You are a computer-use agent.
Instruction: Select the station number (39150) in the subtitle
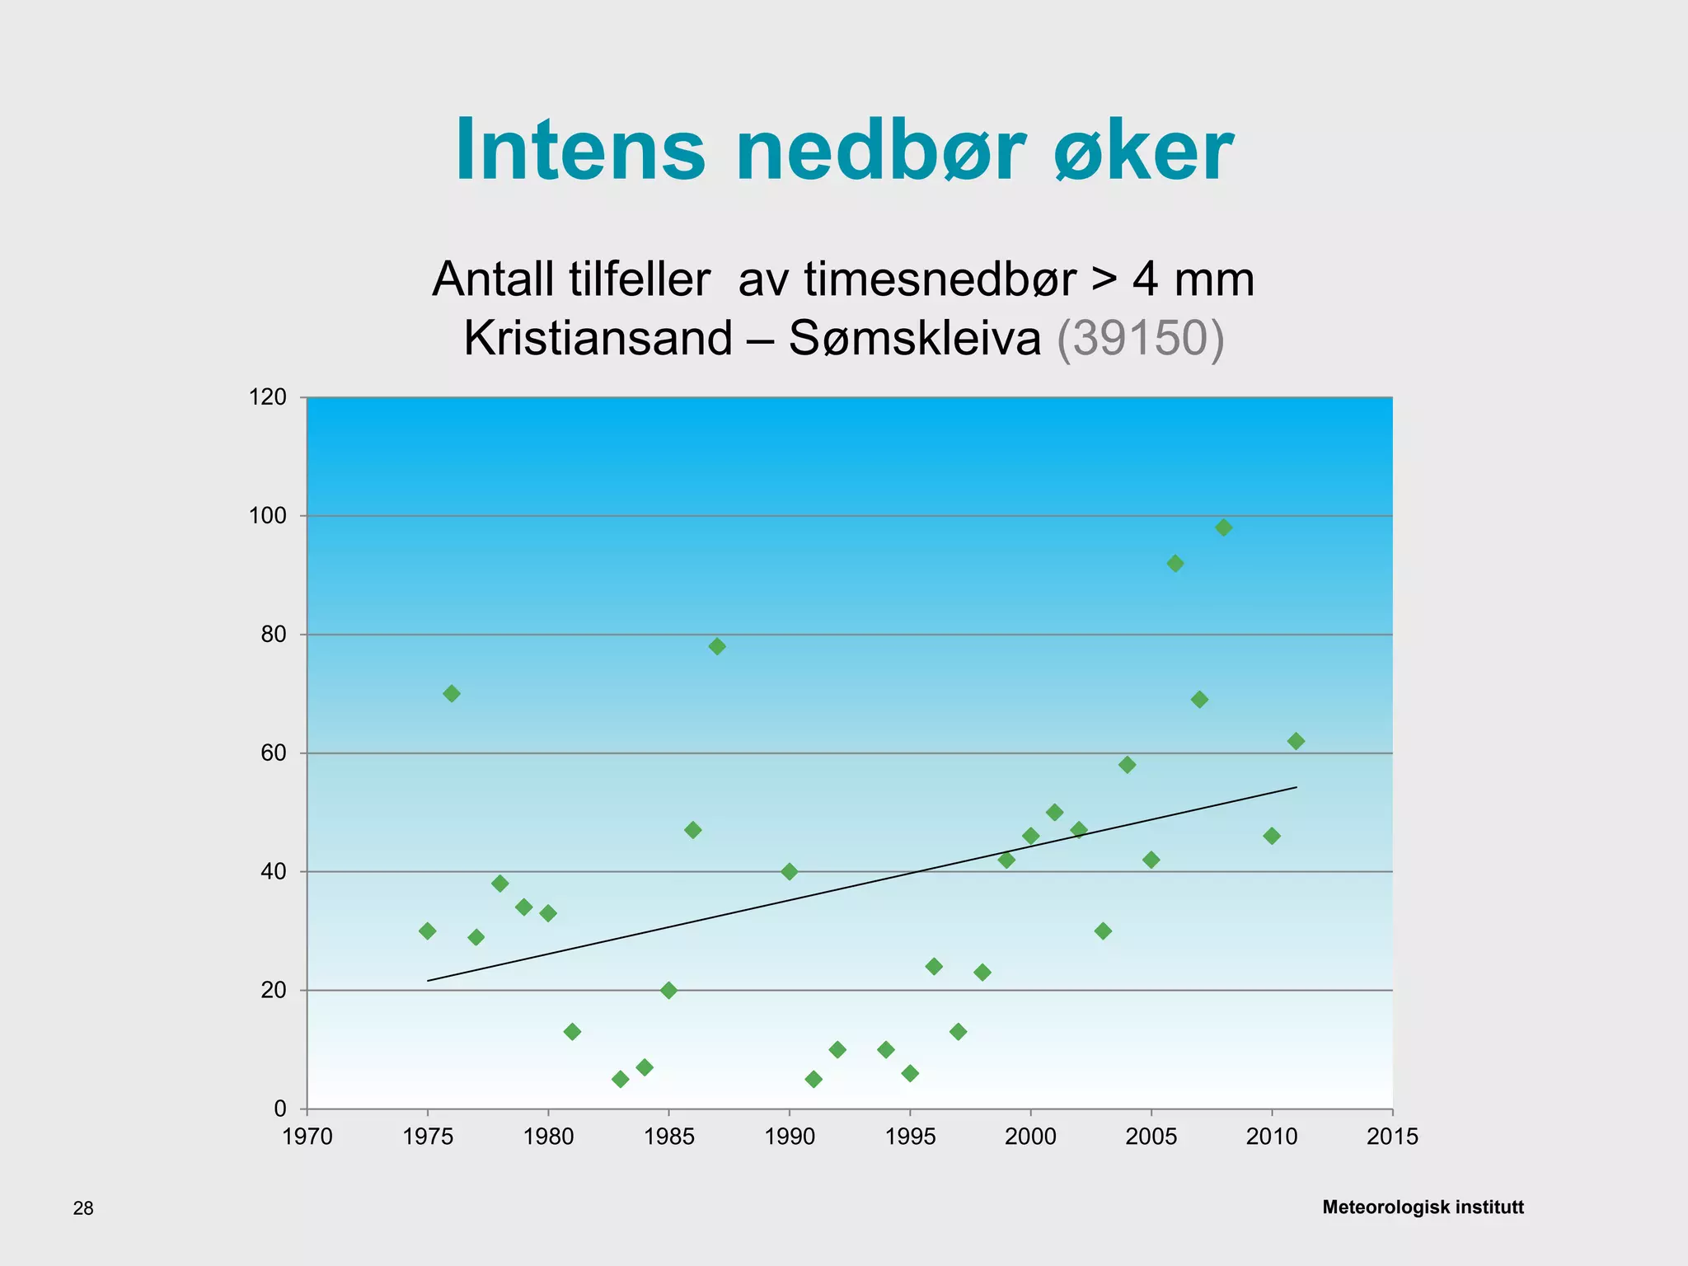(1141, 338)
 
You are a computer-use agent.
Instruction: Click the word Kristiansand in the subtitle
(598, 338)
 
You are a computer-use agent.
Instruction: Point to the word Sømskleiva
(915, 338)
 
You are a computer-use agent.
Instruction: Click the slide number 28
(83, 1208)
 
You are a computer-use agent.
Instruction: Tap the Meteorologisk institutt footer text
(1423, 1207)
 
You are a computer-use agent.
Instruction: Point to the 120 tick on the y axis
(268, 397)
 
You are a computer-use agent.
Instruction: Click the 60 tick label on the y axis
(274, 753)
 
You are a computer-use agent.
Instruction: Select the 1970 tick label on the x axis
(307, 1137)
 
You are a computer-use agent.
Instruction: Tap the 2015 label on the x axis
(1392, 1137)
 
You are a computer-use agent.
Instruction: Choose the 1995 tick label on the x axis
(910, 1137)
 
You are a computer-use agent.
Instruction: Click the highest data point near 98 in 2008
(1223, 527)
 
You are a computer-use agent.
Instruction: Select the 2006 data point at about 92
(1175, 564)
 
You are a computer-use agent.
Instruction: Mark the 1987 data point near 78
(717, 646)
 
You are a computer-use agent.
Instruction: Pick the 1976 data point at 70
(452, 694)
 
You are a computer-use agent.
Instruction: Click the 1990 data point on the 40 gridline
(790, 871)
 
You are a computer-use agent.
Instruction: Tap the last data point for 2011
(1296, 741)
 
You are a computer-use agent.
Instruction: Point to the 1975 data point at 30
(428, 931)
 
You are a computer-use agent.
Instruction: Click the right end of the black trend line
(1295, 787)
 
